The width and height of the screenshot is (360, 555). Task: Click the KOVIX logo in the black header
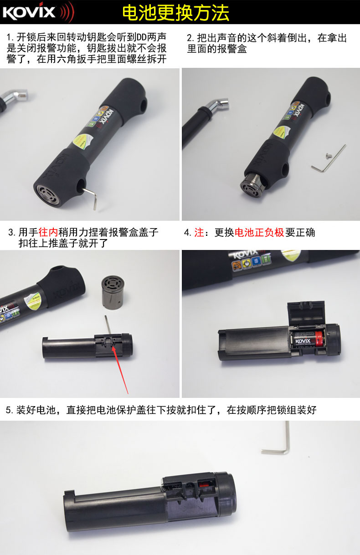click(x=38, y=12)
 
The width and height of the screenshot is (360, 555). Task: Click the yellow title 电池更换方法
click(x=175, y=13)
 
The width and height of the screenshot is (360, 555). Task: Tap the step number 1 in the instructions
click(x=10, y=38)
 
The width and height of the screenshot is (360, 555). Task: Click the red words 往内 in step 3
click(x=48, y=232)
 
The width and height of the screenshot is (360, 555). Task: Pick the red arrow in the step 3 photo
click(x=120, y=369)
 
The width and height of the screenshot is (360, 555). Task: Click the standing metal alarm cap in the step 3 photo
click(x=113, y=293)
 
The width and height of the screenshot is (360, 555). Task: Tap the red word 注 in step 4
click(x=199, y=233)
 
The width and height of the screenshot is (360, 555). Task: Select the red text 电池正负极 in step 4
click(x=259, y=233)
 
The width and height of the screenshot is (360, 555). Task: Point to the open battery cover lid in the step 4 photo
click(x=306, y=313)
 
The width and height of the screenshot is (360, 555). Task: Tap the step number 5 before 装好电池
click(x=8, y=410)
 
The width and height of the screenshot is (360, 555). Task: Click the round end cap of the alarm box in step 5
click(x=226, y=494)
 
